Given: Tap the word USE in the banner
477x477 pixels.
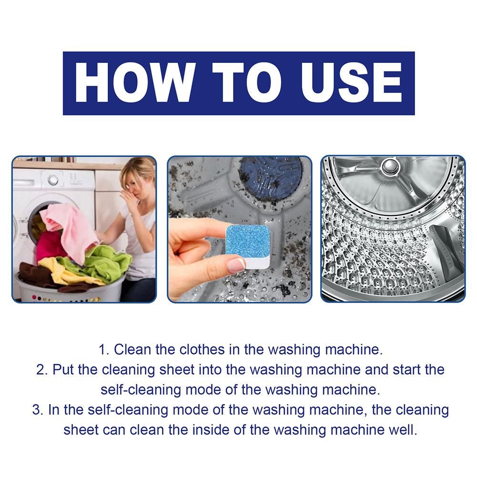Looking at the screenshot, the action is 351,83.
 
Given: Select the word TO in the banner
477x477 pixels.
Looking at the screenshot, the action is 247,83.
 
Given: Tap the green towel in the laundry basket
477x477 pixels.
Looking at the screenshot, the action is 101,262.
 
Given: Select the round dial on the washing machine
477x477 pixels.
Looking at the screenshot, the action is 53,180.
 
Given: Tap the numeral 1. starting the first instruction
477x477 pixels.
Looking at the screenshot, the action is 104,350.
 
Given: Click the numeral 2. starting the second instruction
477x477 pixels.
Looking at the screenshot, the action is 42,370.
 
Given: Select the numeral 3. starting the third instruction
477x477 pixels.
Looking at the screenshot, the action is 38,410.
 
